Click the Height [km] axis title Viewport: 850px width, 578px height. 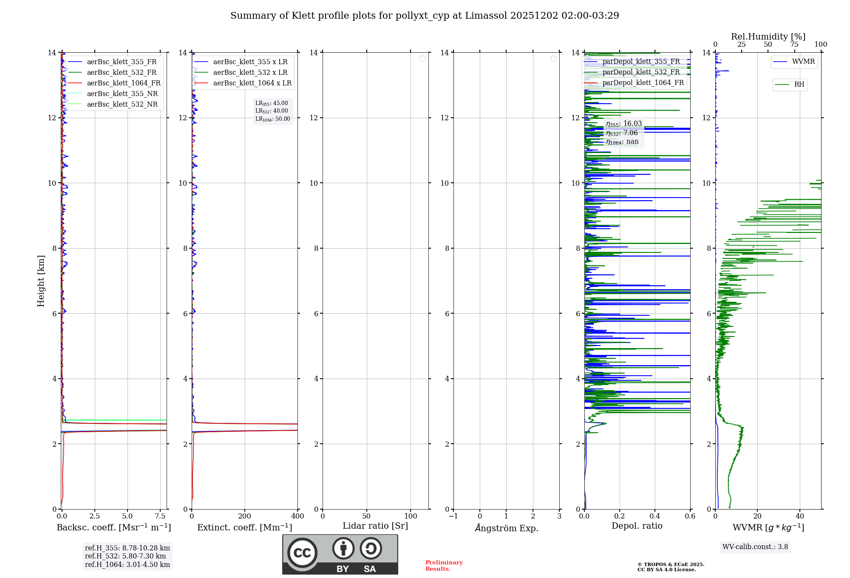[41, 281]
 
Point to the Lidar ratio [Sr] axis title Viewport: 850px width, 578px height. [375, 526]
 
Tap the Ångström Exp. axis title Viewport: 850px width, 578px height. [506, 528]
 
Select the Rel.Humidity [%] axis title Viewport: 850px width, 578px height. [768, 37]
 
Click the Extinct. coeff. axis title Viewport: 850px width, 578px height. [244, 527]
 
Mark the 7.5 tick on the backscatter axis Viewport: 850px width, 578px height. [160, 516]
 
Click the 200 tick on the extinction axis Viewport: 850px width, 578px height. [244, 516]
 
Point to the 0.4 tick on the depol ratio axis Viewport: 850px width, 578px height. [655, 516]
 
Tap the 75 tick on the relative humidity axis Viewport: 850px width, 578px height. [794, 45]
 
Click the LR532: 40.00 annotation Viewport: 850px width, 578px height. [272, 111]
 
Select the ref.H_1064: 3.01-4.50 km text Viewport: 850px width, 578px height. [127, 565]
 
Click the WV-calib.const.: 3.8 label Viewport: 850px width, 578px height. [755, 547]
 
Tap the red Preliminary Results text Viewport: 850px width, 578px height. [444, 566]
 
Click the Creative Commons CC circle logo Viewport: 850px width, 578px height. [302, 553]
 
